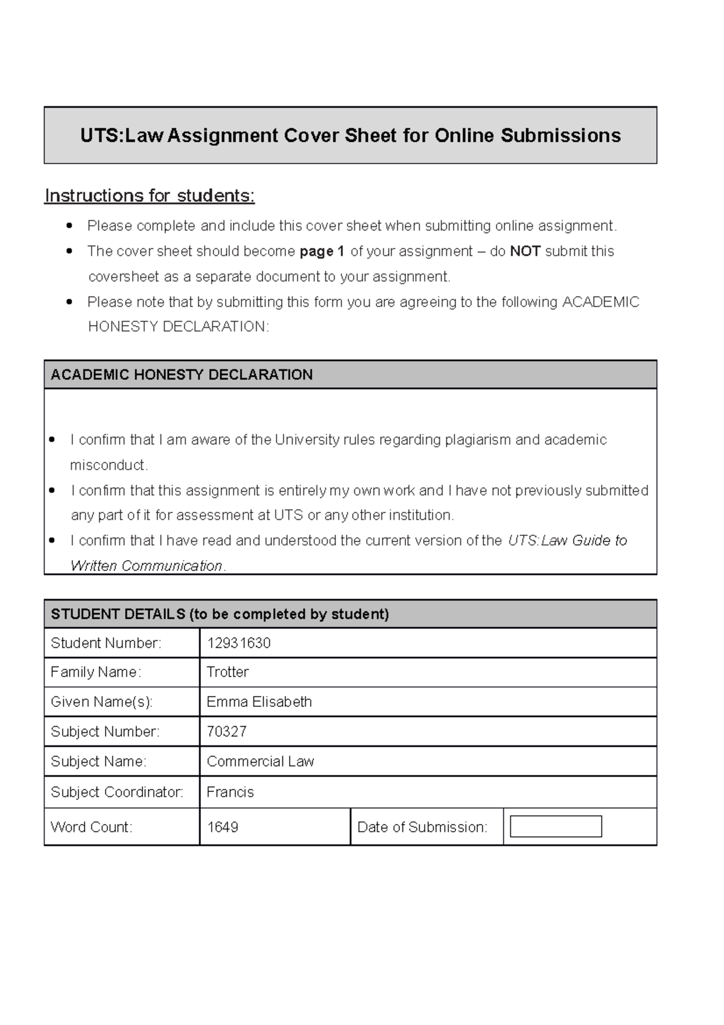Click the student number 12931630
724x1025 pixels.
click(x=238, y=643)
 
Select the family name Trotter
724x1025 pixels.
click(x=227, y=672)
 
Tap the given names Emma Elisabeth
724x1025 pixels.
click(x=259, y=701)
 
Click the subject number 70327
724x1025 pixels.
click(x=226, y=732)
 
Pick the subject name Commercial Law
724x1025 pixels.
click(x=260, y=761)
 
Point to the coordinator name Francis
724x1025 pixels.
click(x=230, y=792)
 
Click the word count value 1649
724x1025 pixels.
click(x=223, y=827)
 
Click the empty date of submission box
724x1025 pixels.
click(x=556, y=826)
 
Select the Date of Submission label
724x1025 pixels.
click(x=422, y=827)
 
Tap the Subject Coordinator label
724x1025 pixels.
click(x=117, y=792)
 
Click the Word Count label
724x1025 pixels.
click(x=91, y=827)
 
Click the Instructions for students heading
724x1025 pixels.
click(x=150, y=196)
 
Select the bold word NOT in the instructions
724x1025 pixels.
click(x=525, y=251)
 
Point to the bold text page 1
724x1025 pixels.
click(x=322, y=251)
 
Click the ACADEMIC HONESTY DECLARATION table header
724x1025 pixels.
click(x=182, y=374)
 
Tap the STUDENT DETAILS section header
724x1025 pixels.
click(x=220, y=614)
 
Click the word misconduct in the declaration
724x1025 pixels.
click(x=108, y=465)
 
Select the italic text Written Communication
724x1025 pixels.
click(x=146, y=566)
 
